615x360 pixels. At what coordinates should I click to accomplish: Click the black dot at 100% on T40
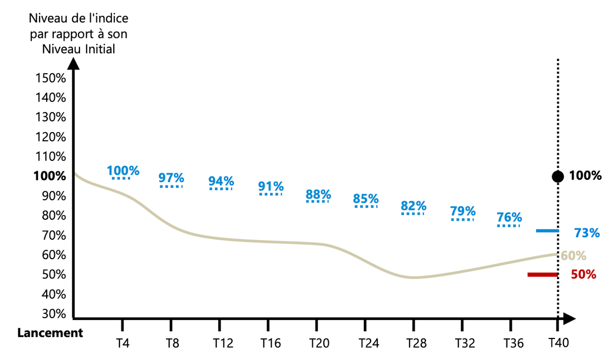pyautogui.click(x=557, y=177)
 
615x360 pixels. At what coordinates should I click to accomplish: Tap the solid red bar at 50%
pyautogui.click(x=543, y=275)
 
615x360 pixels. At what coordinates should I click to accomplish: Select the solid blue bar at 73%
pyautogui.click(x=547, y=231)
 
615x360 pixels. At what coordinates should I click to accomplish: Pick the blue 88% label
pyautogui.click(x=318, y=195)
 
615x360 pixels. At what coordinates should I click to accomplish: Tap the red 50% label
pyautogui.click(x=584, y=274)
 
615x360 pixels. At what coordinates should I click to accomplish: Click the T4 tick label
pyautogui.click(x=122, y=343)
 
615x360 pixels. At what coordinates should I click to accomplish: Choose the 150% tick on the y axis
pyautogui.click(x=51, y=78)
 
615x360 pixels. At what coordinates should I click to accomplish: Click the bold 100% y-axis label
pyautogui.click(x=50, y=176)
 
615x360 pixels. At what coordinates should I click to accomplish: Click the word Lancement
pyautogui.click(x=50, y=333)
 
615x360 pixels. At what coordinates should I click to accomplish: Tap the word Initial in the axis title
pyautogui.click(x=97, y=49)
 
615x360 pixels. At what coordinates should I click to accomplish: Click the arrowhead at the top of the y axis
pyautogui.click(x=74, y=63)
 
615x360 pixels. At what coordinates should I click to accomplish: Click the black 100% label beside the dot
pyautogui.click(x=586, y=176)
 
